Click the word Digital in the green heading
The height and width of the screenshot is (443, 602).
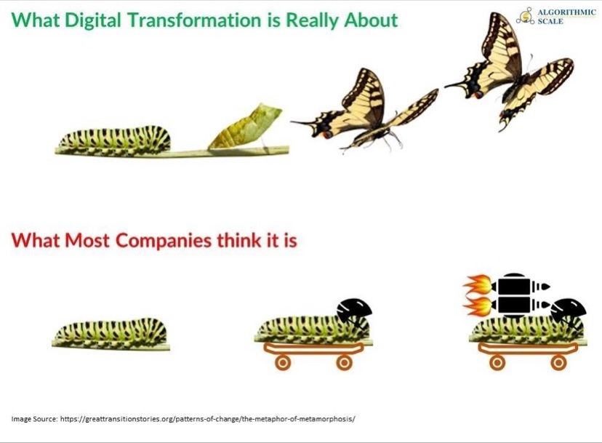93,20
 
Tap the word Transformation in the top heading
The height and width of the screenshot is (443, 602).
194,20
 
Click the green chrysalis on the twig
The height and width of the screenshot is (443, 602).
246,127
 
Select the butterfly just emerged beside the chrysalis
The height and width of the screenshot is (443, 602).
366,111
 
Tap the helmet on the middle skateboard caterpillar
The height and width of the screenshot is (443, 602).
354,311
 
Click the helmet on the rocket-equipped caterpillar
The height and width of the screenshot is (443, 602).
569,311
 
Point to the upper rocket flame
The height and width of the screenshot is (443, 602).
477,285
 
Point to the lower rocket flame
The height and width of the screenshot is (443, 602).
477,306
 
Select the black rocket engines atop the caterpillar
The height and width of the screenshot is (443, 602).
521,295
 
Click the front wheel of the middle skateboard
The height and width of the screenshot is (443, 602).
344,362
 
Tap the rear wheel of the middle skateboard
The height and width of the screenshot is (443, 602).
283,362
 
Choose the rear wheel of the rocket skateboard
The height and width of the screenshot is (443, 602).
497,362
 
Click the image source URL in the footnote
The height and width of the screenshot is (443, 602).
208,418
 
